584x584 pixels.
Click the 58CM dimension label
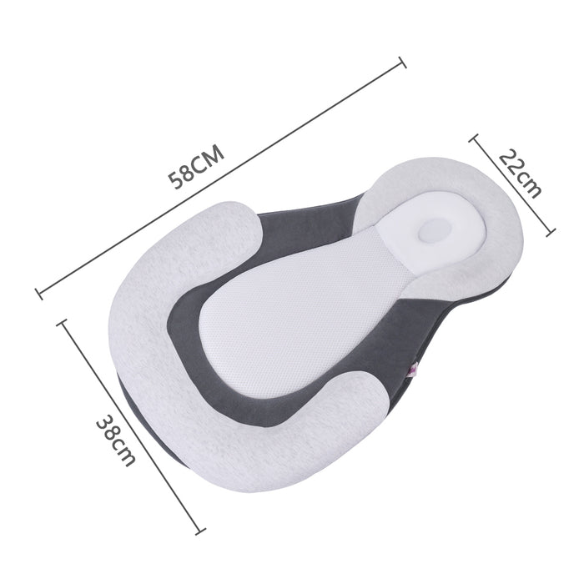(x=196, y=167)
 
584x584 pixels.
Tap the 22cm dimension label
(x=520, y=174)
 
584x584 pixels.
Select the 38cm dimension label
(x=116, y=441)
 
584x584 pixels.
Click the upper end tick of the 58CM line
(x=403, y=63)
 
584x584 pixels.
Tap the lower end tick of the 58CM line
(x=38, y=294)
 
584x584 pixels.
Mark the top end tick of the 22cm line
(x=473, y=138)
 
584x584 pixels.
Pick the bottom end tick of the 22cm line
(x=551, y=233)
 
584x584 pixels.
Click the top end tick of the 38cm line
(x=62, y=322)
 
